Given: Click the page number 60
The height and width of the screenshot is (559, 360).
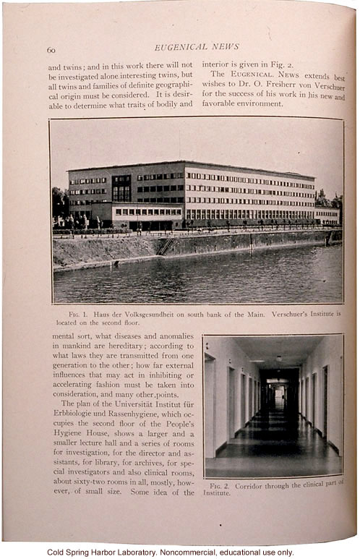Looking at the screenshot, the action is point(51,50).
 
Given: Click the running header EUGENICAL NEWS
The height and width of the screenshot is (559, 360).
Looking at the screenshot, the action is point(197,46).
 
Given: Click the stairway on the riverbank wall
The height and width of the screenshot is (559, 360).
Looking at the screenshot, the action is point(166,247).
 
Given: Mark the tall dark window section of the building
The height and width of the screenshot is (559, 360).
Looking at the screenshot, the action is point(121,188).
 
